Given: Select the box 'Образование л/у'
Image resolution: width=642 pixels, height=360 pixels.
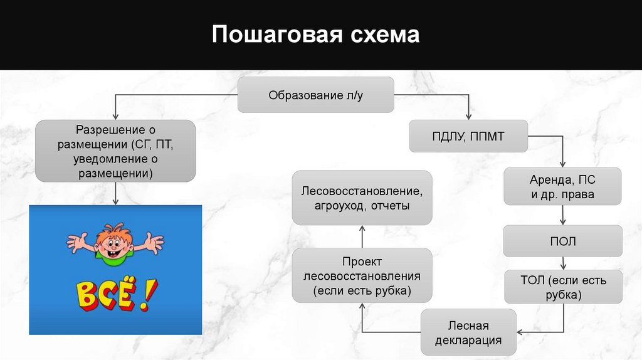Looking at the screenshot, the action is [x=315, y=95].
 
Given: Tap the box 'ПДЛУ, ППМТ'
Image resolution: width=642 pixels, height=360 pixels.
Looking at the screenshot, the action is [x=468, y=136].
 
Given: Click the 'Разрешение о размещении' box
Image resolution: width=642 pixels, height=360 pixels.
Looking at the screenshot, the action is [x=115, y=151].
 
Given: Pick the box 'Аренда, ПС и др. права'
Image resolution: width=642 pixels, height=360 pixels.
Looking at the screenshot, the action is [x=562, y=186].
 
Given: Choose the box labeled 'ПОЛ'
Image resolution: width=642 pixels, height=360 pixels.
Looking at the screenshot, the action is [x=562, y=241].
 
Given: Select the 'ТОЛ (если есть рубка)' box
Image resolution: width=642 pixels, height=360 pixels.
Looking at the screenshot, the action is [x=563, y=287].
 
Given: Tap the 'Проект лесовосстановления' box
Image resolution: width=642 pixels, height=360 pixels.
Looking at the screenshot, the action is [x=362, y=276].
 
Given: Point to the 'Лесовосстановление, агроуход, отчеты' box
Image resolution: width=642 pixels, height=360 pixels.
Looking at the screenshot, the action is [x=362, y=197].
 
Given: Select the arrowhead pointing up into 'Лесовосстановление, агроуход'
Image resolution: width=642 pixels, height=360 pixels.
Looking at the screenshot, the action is [x=362, y=229].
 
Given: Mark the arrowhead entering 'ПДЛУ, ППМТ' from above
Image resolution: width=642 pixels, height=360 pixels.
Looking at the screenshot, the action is [x=468, y=116].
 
